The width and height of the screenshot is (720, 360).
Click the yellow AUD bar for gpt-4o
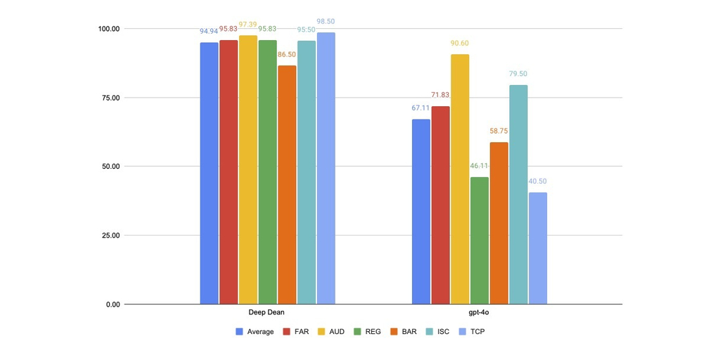click(x=460, y=179)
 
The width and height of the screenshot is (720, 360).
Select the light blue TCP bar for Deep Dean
click(x=326, y=168)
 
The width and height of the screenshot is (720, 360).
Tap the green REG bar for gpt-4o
click(x=480, y=240)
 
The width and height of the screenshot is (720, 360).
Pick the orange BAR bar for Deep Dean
click(x=287, y=185)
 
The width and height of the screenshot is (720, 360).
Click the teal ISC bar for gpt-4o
click(x=518, y=195)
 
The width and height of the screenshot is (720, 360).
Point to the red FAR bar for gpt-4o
click(x=440, y=205)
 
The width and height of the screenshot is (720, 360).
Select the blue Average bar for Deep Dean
click(x=209, y=173)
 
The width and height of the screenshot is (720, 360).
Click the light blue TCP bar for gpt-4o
click(x=538, y=248)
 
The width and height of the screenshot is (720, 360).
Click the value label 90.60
click(x=460, y=44)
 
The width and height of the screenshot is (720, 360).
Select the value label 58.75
click(x=499, y=131)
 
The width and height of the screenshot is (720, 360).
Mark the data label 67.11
click(x=420, y=108)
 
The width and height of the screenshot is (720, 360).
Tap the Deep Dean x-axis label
click(x=267, y=312)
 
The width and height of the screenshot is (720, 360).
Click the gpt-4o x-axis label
click(x=479, y=312)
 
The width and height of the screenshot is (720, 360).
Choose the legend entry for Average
click(x=255, y=331)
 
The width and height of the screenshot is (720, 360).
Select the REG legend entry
click(x=366, y=331)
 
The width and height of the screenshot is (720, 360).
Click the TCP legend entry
click(x=471, y=331)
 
